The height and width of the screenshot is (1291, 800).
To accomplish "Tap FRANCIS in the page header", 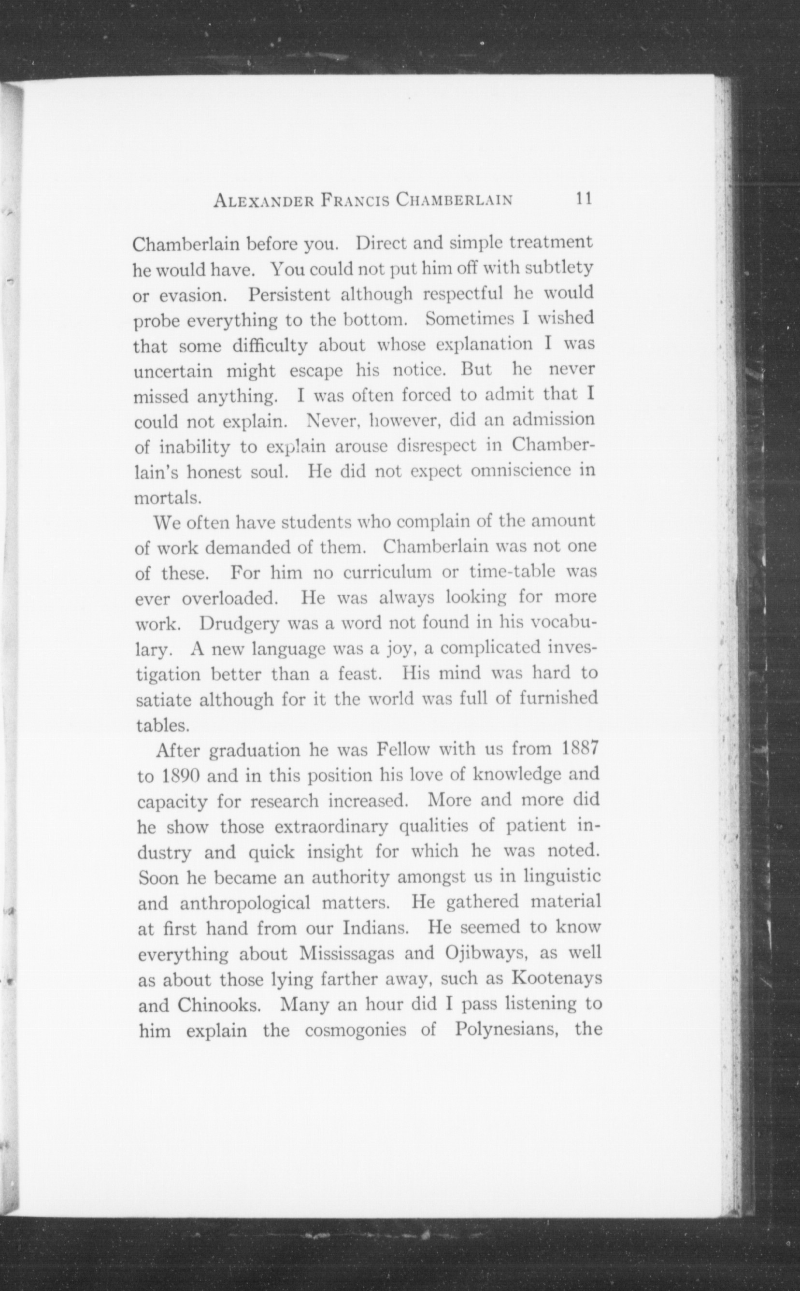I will pos(356,201).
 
